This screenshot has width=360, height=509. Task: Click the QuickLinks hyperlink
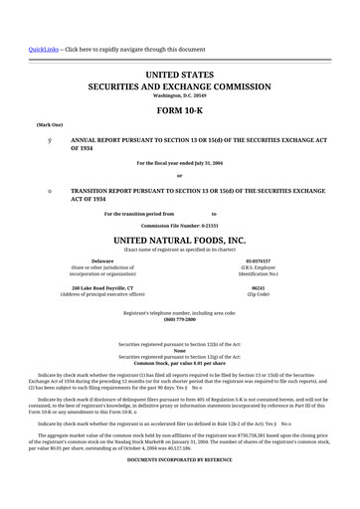click(x=15, y=49)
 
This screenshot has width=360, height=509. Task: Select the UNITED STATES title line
click(x=179, y=75)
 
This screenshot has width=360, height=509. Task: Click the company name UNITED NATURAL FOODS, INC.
click(x=179, y=241)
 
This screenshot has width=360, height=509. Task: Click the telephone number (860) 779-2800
click(x=179, y=320)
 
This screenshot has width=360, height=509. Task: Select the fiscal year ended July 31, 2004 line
click(x=179, y=162)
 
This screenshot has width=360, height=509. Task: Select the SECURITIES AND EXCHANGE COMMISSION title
click(x=179, y=86)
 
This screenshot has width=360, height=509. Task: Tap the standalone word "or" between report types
click(x=179, y=176)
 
